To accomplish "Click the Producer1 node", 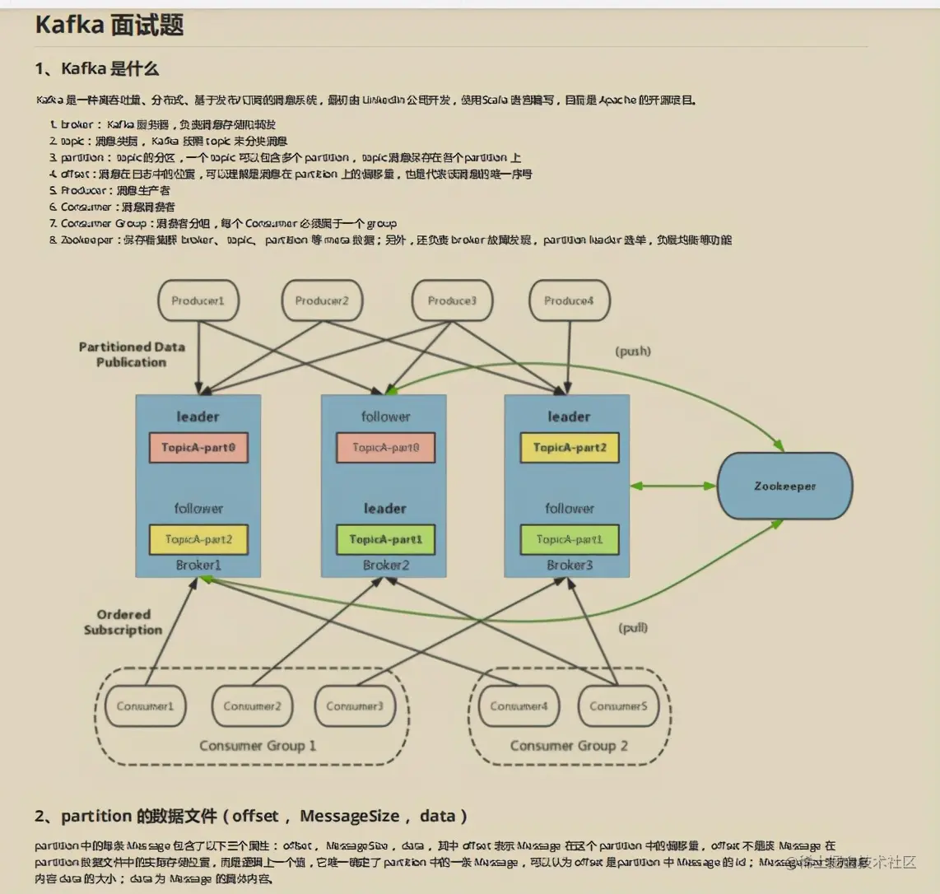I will (198, 301).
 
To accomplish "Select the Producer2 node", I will (322, 301).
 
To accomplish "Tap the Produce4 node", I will (569, 301).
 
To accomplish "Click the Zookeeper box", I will (784, 486).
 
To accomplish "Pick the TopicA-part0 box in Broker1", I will (198, 448).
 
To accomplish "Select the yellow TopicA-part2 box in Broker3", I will (569, 448).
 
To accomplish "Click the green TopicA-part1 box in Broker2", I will (385, 539).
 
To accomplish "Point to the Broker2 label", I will (385, 566).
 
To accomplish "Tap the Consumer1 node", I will (146, 706).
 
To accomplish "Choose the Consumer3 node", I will (355, 706).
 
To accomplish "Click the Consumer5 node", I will (618, 706).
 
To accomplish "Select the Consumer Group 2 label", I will (569, 746).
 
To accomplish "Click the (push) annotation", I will (633, 352).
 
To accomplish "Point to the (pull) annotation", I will (633, 628).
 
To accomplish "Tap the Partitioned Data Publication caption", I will (132, 355).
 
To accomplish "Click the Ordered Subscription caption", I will (123, 622).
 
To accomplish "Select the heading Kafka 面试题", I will (109, 25).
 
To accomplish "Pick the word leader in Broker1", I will (198, 417).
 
